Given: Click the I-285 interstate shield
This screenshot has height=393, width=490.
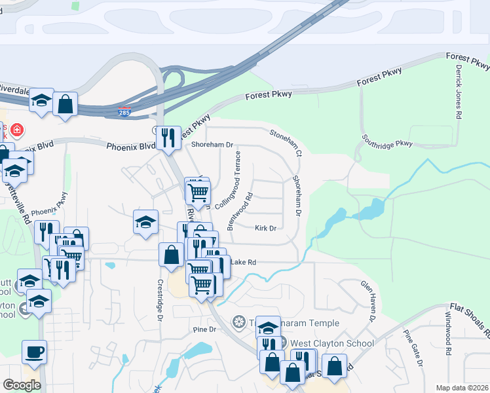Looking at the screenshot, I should tap(124, 112).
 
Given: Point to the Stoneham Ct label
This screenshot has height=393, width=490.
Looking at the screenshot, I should tap(286, 142).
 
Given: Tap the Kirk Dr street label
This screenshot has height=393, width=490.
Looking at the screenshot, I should tap(265, 229).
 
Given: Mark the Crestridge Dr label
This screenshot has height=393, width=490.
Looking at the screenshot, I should tap(159, 301).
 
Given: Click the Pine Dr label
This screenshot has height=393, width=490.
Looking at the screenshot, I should tap(204, 329).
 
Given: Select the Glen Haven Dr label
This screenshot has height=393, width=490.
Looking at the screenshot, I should tap(367, 301).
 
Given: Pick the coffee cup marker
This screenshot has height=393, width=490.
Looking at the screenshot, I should tap(34, 352).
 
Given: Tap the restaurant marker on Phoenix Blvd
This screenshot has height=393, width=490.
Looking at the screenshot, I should tap(169, 137).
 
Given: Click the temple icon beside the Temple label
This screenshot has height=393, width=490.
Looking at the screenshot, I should tap(239, 322).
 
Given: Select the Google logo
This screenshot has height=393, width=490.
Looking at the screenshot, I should tap(22, 385).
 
